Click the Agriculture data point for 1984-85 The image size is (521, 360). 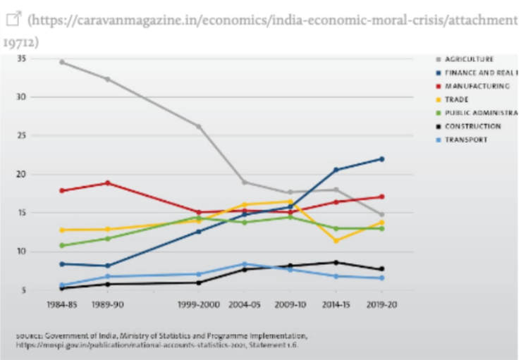[62, 62]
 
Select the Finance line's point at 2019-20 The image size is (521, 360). [382, 159]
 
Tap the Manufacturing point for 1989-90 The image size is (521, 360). [107, 182]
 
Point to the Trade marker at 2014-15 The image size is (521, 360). [336, 240]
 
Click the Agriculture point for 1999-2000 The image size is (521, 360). [199, 127]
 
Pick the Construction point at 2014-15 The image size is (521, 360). [336, 263]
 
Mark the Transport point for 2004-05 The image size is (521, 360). [245, 264]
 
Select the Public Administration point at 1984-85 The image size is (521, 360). [62, 245]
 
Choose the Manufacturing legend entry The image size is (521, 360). [477, 86]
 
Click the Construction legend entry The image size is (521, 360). [472, 126]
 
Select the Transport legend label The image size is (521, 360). [466, 139]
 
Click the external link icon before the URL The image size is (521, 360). [11, 20]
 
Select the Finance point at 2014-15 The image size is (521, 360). [336, 170]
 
